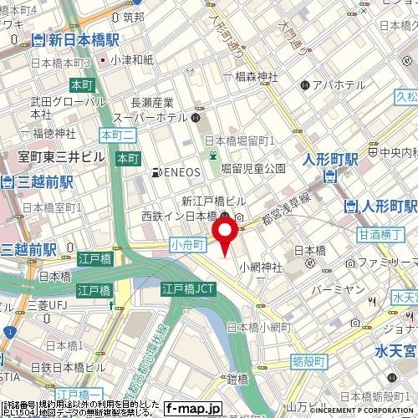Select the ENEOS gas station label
178,174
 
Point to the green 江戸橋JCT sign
186,289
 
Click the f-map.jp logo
192,409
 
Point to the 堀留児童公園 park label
253,168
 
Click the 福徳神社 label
48,134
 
